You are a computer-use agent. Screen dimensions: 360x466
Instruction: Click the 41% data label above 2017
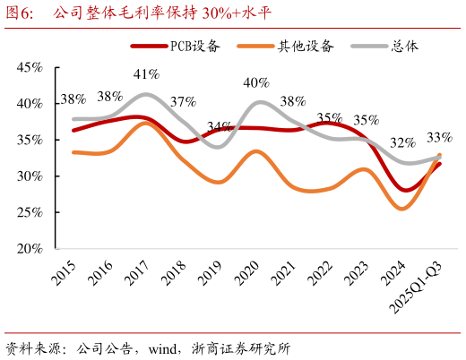(147, 73)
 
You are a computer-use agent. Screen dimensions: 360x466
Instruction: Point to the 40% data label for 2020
(256, 82)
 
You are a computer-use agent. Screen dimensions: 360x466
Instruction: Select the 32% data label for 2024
(402, 142)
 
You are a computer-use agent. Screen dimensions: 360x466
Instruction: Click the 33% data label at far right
(439, 137)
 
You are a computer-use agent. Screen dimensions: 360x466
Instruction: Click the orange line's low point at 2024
(402, 209)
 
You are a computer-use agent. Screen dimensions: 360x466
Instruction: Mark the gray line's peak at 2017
(147, 93)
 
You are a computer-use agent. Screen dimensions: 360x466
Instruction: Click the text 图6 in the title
(20, 13)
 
